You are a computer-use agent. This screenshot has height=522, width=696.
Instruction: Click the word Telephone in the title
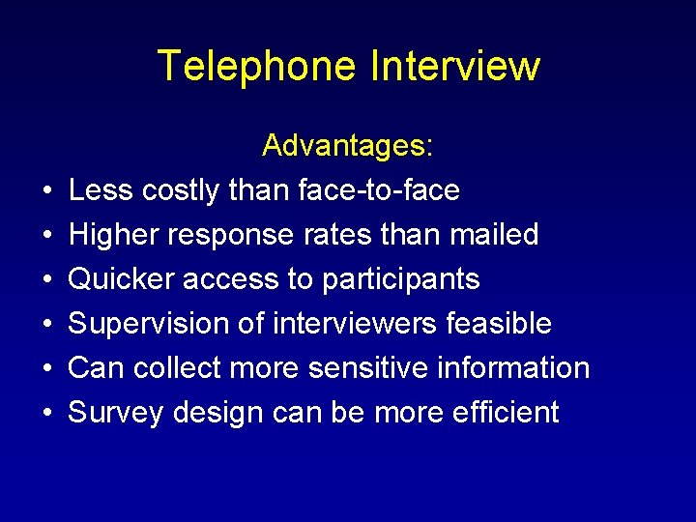point(255,67)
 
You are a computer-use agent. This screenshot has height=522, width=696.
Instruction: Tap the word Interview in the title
point(454,67)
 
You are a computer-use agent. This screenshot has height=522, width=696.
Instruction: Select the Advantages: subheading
point(348,146)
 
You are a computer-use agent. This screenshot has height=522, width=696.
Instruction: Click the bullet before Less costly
point(47,191)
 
